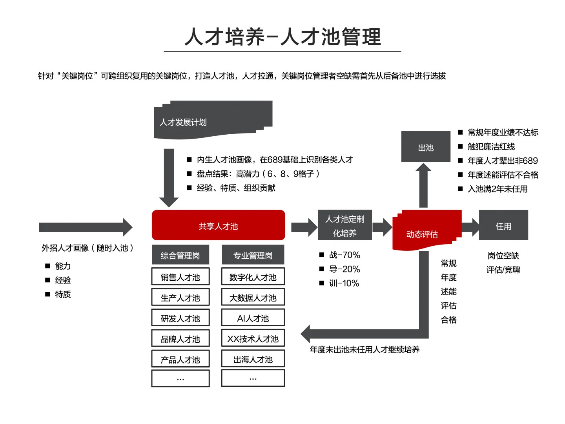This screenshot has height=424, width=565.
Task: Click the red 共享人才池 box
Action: [218, 225]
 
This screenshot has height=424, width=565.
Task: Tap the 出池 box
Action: [426, 147]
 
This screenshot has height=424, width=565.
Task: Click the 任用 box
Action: [503, 225]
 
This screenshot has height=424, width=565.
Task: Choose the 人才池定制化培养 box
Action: [344, 225]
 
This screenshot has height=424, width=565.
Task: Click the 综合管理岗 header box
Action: [180, 255]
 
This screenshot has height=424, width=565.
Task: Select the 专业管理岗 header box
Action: [253, 255]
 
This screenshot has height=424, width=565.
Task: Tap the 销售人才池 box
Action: [180, 277]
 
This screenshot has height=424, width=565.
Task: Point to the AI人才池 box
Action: [253, 318]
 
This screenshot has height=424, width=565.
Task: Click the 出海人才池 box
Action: [253, 359]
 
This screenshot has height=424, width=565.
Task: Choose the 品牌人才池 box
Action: [180, 338]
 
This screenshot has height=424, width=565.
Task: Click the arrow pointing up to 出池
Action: [423, 185]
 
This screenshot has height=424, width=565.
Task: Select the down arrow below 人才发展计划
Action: [169, 177]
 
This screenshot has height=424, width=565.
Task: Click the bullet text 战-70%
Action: [344, 255]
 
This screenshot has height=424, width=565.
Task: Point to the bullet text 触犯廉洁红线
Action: [491, 146]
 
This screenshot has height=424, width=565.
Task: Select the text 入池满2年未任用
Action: [498, 189]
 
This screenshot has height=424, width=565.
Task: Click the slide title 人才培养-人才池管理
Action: [282, 37]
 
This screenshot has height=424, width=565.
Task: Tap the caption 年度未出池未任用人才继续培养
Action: [365, 349]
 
